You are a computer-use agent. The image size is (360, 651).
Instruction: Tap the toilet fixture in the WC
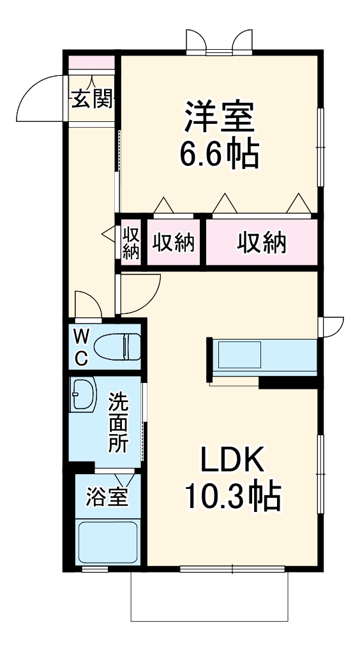coord(117,348)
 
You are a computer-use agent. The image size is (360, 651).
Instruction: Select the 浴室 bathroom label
coord(107,496)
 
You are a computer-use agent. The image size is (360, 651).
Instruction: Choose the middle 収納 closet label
coord(173,243)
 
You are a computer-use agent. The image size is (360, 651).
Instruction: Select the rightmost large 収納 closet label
coord(262,243)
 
